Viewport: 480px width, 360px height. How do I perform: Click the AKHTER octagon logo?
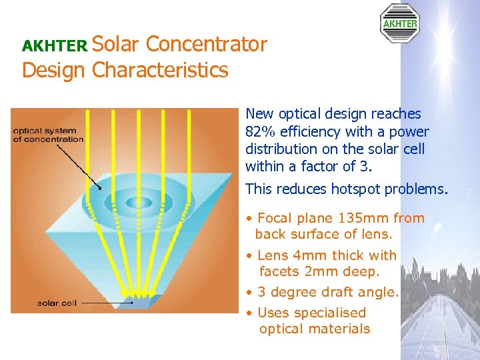coord(399,23)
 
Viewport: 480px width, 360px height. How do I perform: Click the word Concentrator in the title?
coord(206,44)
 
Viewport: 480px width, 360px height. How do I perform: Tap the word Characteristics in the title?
coord(160,69)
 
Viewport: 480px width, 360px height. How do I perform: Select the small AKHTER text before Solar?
coord(55,46)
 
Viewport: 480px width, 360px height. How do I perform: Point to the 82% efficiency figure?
coord(260,131)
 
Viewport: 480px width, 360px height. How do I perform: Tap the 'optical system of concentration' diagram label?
coord(49,135)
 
